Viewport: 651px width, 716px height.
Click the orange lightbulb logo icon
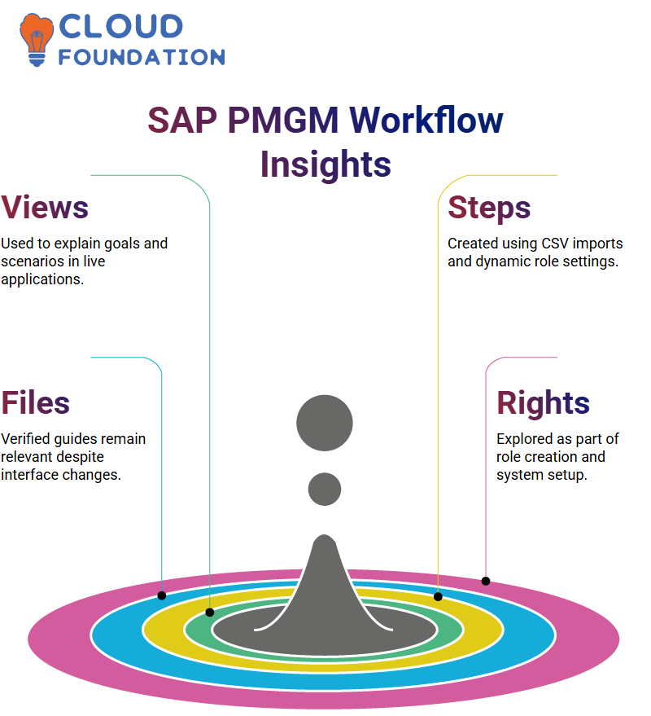pyautogui.click(x=36, y=40)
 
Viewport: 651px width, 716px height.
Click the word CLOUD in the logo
pyautogui.click(x=121, y=27)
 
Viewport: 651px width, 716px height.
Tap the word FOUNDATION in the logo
pyautogui.click(x=142, y=57)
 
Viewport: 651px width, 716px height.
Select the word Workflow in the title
pyautogui.click(x=426, y=121)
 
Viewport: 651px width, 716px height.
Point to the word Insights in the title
pyautogui.click(x=325, y=165)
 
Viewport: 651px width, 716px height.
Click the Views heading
pyautogui.click(x=44, y=208)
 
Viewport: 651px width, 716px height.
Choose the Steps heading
pyautogui.click(x=489, y=208)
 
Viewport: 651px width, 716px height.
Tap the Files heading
pyautogui.click(x=35, y=402)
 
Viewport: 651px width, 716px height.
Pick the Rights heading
pyautogui.click(x=543, y=403)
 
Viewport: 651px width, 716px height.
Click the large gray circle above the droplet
pyautogui.click(x=325, y=423)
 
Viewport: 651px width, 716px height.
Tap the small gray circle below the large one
pyautogui.click(x=325, y=489)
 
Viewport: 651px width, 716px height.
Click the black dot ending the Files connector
pyautogui.click(x=161, y=595)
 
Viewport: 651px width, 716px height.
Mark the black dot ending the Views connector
pyautogui.click(x=209, y=613)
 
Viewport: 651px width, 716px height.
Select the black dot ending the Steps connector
pyautogui.click(x=438, y=596)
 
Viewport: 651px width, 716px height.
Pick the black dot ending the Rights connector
pyautogui.click(x=486, y=581)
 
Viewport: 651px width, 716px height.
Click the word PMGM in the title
pyautogui.click(x=283, y=121)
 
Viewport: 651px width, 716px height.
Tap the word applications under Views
pyautogui.click(x=42, y=279)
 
